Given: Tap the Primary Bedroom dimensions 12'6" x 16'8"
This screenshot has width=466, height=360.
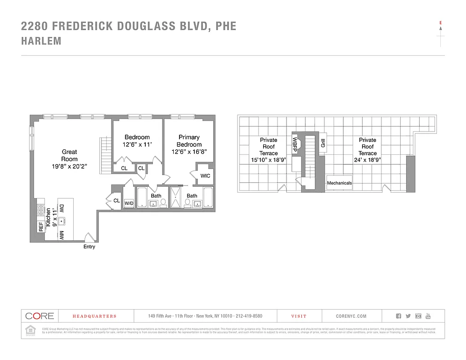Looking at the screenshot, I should [189, 152].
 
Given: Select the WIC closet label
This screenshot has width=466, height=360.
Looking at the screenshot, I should [205, 176].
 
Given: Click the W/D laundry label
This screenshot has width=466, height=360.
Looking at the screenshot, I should [129, 203].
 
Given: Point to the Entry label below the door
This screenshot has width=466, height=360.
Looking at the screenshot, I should [89, 247].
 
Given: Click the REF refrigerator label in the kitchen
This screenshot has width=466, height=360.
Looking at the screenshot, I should [41, 226].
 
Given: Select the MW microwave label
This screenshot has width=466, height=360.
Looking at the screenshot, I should [61, 234].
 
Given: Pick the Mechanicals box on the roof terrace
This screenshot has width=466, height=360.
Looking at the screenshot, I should [339, 183].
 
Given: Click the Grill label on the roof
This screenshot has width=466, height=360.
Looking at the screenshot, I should [323, 143].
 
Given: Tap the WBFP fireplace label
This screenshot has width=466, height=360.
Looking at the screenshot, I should [295, 144].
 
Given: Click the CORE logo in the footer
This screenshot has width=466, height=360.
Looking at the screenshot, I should [40, 316].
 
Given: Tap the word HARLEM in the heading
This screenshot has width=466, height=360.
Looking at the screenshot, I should [41, 41].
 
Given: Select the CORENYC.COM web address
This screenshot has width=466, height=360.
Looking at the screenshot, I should [351, 316].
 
